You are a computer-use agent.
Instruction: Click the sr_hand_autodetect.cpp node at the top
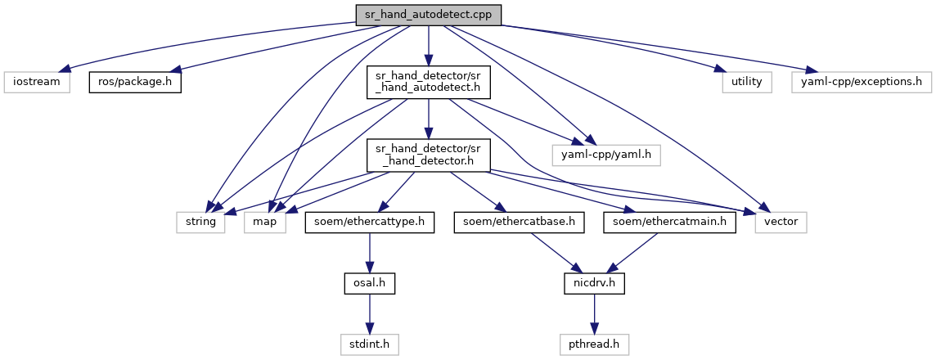428,14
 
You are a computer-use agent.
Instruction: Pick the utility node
747,82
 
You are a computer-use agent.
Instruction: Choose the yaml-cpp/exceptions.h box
860,82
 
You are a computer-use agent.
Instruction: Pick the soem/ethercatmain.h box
669,222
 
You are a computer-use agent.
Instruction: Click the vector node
781,222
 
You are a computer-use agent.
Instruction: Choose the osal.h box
370,283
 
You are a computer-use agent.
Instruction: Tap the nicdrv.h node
595,283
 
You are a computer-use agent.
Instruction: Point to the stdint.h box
370,344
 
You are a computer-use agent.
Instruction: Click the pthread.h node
595,344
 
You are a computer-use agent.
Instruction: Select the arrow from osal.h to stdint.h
370,313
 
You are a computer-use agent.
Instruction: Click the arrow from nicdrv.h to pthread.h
595,313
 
